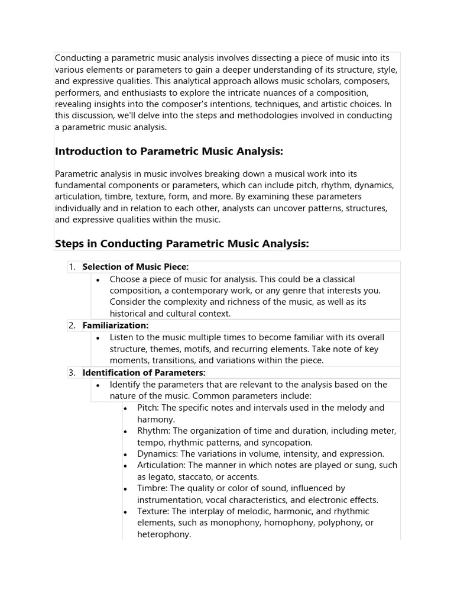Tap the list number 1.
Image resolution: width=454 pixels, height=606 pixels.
click(72, 267)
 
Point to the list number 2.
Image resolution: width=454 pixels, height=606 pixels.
click(72, 325)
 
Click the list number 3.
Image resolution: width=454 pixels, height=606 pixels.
click(72, 372)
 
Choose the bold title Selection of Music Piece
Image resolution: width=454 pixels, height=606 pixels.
click(135, 267)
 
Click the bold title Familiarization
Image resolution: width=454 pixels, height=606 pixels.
click(115, 325)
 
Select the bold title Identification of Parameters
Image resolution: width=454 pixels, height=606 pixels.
click(144, 372)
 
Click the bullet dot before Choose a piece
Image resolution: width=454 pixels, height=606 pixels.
click(98, 279)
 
